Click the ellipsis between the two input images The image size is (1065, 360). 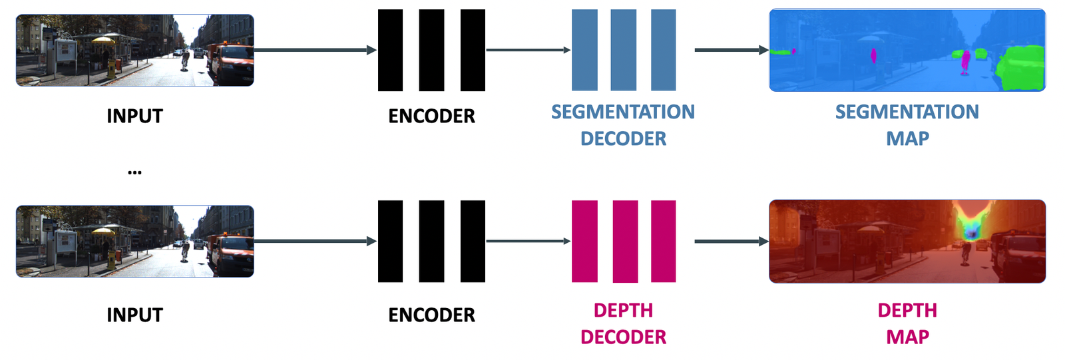tap(134, 172)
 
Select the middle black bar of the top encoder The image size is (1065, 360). tap(431, 50)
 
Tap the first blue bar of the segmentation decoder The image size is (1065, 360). tap(584, 50)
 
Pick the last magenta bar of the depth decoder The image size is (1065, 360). tap(663, 242)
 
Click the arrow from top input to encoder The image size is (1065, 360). tap(315, 50)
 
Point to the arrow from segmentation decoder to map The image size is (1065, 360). tap(731, 50)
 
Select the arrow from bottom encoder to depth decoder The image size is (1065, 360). tap(528, 241)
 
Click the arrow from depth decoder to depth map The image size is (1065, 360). tap(731, 241)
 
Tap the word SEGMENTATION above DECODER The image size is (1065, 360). tap(622, 112)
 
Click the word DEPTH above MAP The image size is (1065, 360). tap(907, 310)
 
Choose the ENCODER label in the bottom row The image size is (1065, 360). tap(431, 315)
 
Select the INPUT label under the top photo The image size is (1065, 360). tap(134, 116)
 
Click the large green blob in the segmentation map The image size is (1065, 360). tap(1024, 67)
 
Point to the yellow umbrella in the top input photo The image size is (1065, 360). tap(103, 40)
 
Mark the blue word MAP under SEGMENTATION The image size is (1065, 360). tap(907, 138)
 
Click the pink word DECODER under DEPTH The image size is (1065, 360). tap(623, 337)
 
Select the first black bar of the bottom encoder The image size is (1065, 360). tap(390, 242)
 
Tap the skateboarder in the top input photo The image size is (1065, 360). tap(185, 59)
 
